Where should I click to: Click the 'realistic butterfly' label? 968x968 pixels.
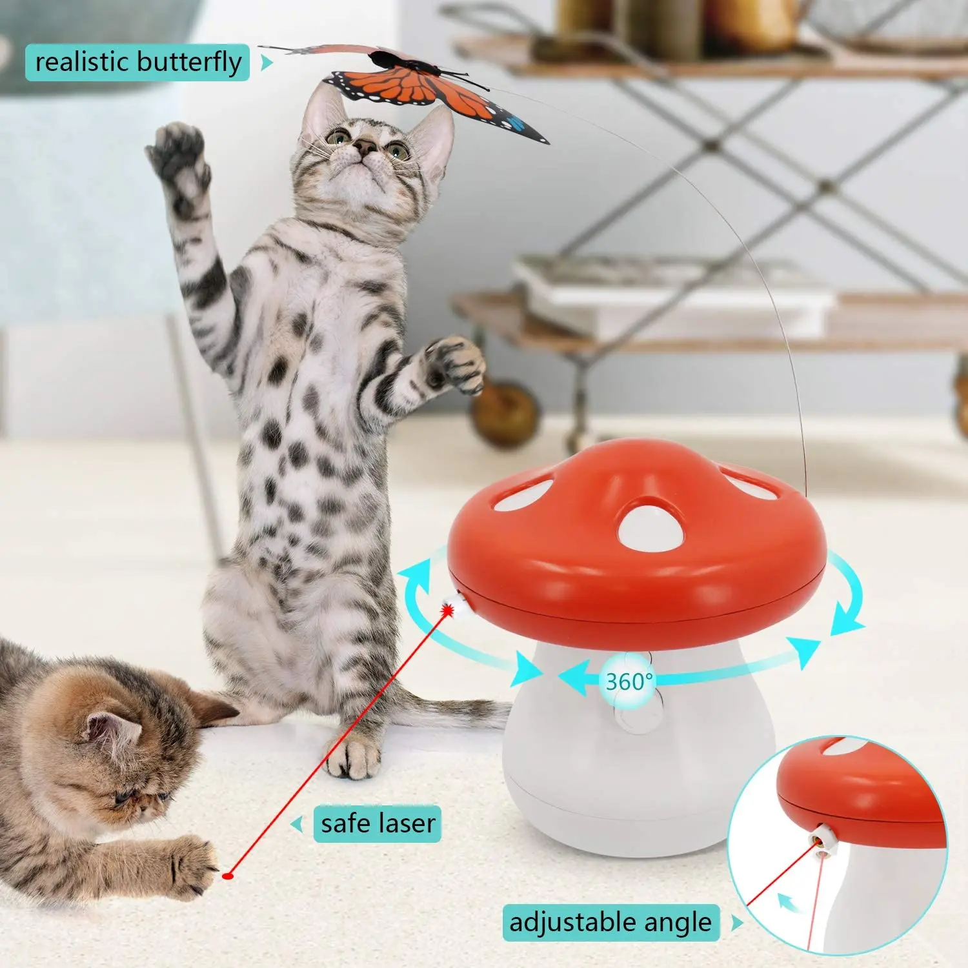(137, 63)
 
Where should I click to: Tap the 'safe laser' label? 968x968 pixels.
(378, 824)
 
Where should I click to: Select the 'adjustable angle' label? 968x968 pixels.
(610, 922)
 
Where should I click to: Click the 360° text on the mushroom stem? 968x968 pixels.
(629, 681)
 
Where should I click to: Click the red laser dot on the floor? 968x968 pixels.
(227, 876)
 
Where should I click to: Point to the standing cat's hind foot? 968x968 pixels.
(352, 755)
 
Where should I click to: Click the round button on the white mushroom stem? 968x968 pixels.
(639, 716)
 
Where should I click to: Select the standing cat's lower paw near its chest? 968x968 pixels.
(455, 365)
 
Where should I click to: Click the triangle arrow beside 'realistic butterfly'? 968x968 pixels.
(266, 63)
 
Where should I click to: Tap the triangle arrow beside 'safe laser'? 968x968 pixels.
(297, 824)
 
